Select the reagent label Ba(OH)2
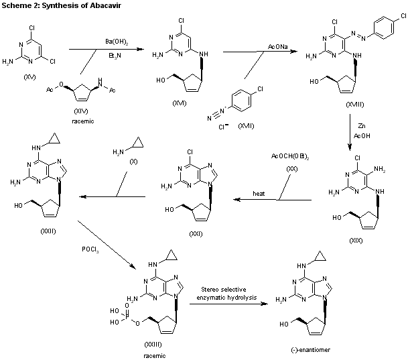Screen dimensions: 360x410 [115, 42]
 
